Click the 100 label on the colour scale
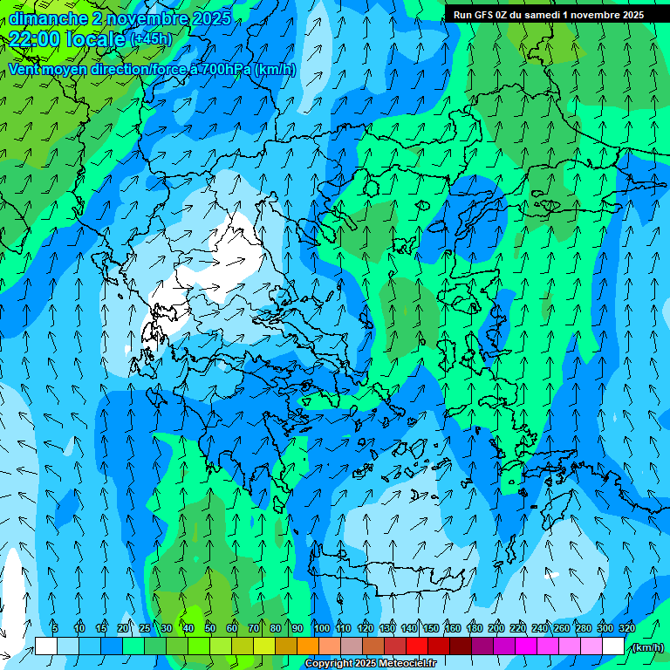coord(322,628)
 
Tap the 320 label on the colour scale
coord(627,628)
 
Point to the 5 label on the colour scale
coord(54,628)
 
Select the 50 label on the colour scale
coord(210,628)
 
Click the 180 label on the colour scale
coord(474,628)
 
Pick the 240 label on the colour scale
coord(540,628)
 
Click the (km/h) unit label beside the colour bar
coord(647,647)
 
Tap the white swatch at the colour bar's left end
coord(46,646)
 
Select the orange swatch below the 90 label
coord(308,646)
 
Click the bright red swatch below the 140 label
coord(417,646)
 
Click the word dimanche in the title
coord(49,18)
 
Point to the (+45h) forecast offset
coord(151,38)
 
